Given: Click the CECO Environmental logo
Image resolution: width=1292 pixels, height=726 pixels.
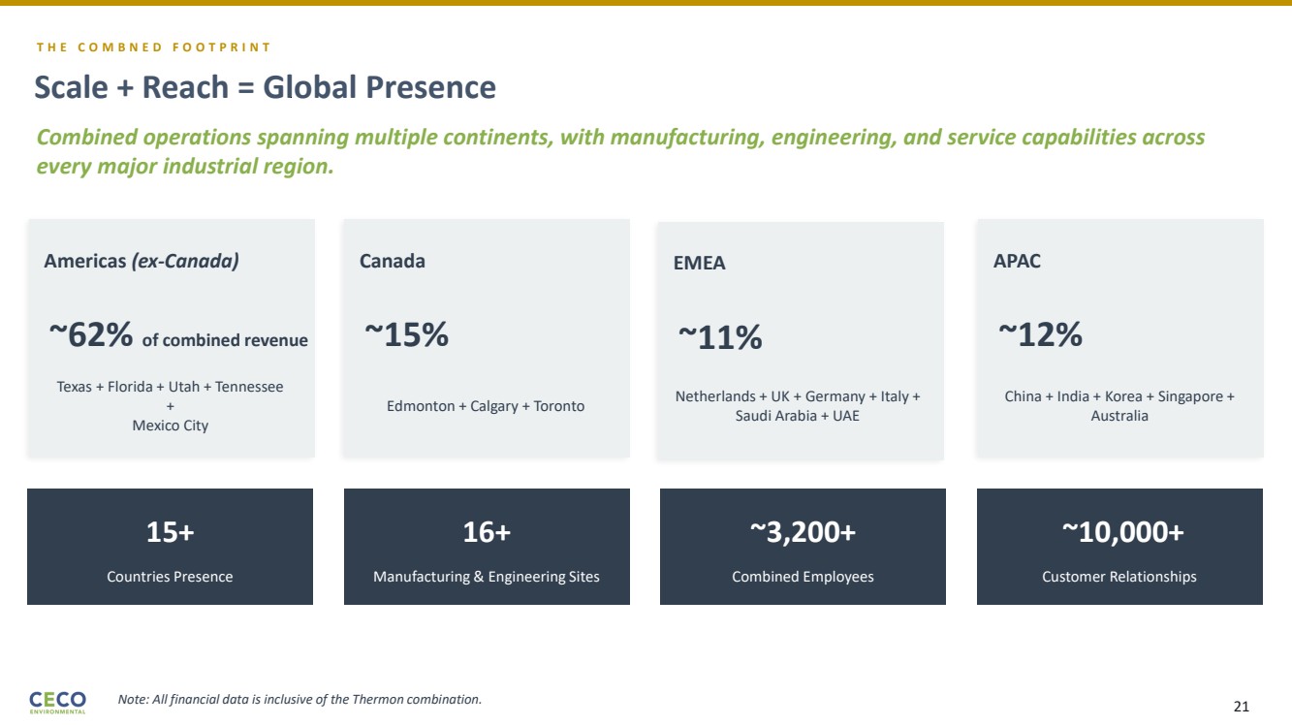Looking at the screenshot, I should [x=58, y=701].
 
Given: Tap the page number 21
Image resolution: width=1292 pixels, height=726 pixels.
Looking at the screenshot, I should [x=1241, y=707].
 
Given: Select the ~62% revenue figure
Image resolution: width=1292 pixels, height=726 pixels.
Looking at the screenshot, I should [x=91, y=335].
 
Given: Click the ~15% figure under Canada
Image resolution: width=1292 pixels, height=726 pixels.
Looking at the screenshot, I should [x=406, y=335].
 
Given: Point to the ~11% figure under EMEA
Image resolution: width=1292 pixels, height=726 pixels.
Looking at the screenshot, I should [x=719, y=338].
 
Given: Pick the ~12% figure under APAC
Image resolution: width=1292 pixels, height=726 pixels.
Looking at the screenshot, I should [x=1040, y=335].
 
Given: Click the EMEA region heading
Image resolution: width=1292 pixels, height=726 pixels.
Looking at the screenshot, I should [x=699, y=264].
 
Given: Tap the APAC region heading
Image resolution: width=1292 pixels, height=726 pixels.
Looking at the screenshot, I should [x=1017, y=261].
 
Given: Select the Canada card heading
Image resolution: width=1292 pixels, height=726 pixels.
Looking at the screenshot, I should [x=392, y=261].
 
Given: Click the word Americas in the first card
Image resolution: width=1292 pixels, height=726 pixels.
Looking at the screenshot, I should [x=84, y=261].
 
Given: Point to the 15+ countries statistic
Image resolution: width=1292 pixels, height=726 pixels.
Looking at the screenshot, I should [x=170, y=532].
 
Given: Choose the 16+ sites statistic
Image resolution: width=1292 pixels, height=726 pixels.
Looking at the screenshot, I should [x=487, y=532].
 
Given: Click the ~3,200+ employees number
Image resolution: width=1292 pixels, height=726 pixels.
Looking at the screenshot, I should [x=803, y=532].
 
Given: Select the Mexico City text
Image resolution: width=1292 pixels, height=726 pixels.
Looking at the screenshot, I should [x=170, y=426].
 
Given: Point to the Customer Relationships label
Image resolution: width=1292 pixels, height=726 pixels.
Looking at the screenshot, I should [x=1119, y=577].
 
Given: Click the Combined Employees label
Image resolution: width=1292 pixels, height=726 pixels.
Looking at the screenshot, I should [x=803, y=577].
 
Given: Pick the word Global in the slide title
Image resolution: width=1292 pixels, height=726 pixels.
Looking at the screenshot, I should [x=309, y=88].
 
